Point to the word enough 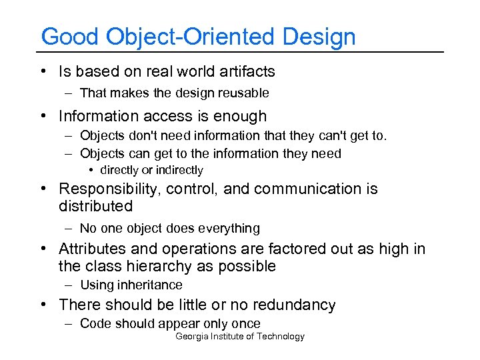(238, 116)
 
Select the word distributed (95, 206)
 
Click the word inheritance (149, 285)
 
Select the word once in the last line (246, 323)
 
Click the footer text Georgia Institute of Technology (239, 337)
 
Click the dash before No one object (69, 228)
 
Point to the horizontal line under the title (240, 52)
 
